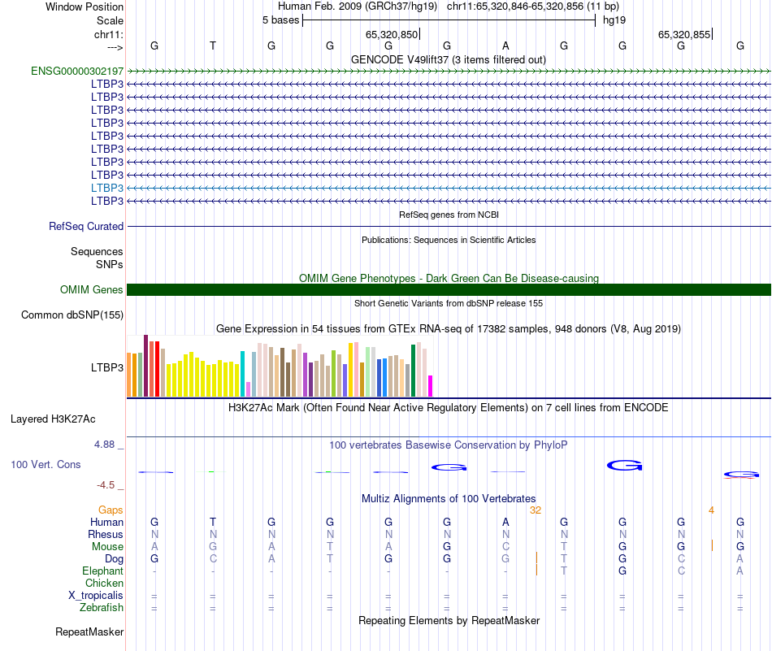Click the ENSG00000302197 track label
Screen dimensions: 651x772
pos(77,71)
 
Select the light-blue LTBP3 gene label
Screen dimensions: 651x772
pos(107,188)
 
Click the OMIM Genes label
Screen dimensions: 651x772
pos(92,290)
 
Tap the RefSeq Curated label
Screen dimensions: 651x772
pos(86,227)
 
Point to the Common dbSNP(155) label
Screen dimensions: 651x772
pos(72,315)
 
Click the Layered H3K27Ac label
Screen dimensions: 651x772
pos(53,420)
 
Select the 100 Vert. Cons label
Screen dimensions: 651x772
pos(46,464)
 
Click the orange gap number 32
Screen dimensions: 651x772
pos(536,510)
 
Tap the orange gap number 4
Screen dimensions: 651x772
pos(711,510)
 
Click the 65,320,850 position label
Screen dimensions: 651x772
pos(392,35)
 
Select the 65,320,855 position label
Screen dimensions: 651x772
pos(684,35)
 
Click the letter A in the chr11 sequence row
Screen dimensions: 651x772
pos(505,46)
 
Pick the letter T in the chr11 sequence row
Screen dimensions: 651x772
pos(213,46)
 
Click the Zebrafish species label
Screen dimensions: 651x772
pos(102,607)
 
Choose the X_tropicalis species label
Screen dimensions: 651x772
pos(96,595)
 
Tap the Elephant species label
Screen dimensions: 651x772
pos(103,571)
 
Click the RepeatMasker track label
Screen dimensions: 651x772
pos(89,631)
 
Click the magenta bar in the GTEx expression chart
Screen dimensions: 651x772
pos(431,386)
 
